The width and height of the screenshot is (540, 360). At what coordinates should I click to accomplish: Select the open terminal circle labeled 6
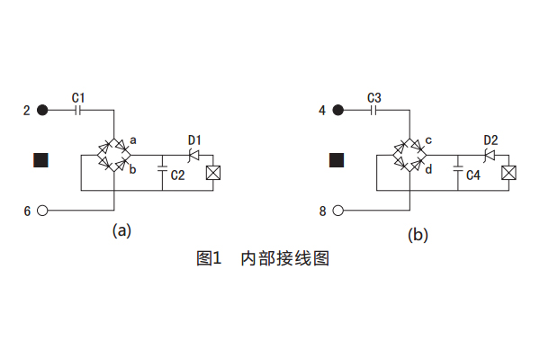[42, 211]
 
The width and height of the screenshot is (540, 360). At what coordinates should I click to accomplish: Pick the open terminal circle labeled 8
[338, 211]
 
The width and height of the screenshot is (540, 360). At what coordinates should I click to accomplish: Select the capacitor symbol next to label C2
[162, 167]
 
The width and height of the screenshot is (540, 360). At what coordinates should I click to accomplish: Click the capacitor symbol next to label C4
[459, 167]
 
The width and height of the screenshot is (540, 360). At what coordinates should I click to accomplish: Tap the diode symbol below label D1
[193, 155]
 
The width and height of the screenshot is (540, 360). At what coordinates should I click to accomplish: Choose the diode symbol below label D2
[490, 155]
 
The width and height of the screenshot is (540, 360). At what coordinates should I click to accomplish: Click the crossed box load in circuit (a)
[214, 174]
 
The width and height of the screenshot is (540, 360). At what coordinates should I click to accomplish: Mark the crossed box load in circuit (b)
[509, 174]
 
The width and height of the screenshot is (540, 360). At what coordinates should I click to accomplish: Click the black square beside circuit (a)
[40, 160]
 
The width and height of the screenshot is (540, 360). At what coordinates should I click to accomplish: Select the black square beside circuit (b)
[337, 160]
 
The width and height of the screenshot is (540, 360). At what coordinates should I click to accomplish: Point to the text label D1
[194, 139]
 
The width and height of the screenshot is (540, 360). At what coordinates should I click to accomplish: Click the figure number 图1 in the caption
[209, 259]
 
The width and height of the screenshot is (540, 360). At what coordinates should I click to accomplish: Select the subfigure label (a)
[121, 230]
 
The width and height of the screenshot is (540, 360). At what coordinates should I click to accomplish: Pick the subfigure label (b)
[418, 235]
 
